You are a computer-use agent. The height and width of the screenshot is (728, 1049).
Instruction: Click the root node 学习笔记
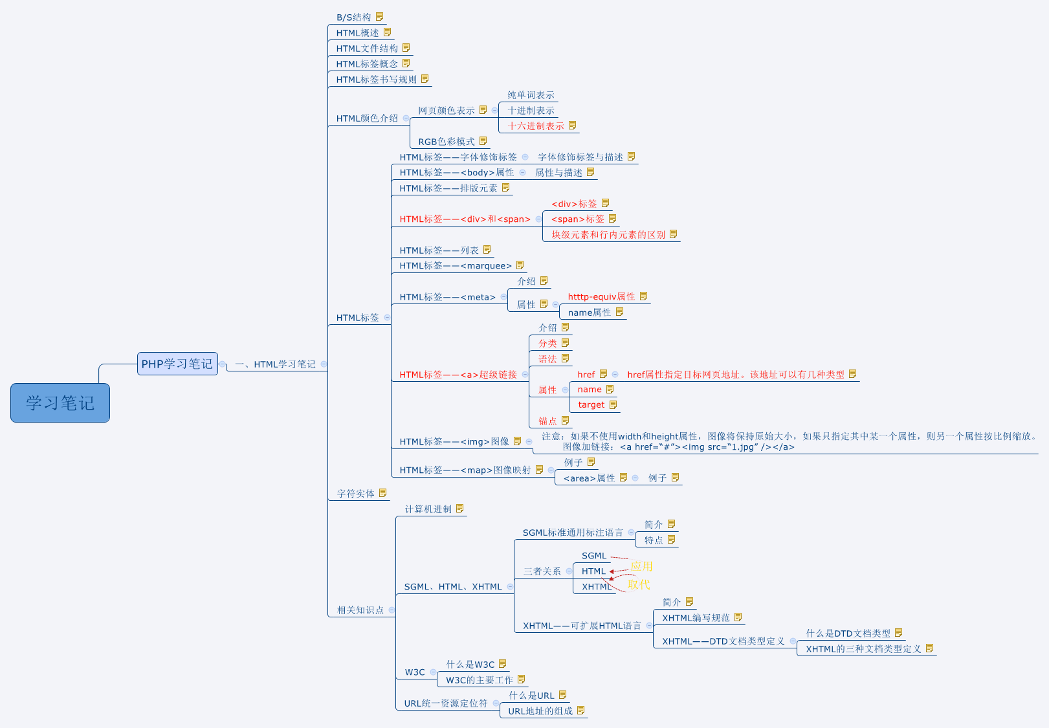point(60,403)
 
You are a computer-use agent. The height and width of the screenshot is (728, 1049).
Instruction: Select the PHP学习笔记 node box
point(177,364)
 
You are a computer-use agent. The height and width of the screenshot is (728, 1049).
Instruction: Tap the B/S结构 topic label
point(354,17)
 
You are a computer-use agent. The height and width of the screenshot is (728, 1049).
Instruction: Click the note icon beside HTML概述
point(388,32)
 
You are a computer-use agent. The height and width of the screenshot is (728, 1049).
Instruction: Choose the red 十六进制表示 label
point(536,126)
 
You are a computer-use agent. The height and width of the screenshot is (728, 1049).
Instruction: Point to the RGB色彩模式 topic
point(447,142)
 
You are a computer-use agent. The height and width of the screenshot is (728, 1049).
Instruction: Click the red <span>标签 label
point(578,219)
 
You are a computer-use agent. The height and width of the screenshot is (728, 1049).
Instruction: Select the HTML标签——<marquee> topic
point(456,266)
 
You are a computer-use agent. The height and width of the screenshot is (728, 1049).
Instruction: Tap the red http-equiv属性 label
point(601,297)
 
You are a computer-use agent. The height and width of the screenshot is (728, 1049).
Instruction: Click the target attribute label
point(591,405)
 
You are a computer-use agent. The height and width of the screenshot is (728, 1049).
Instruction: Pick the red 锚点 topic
point(547,421)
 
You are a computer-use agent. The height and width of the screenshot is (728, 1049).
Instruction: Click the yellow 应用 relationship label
point(641,566)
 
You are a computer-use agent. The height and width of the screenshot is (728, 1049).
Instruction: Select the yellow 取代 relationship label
point(639,584)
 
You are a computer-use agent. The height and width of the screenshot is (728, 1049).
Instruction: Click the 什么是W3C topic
point(470,665)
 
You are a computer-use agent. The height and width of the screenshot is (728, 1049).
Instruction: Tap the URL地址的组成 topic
point(540,711)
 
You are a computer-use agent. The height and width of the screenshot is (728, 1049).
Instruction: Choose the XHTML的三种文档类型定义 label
point(863,649)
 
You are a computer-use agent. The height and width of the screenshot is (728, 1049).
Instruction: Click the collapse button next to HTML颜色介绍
point(406,118)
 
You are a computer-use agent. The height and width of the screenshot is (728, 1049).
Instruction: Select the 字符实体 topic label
point(356,494)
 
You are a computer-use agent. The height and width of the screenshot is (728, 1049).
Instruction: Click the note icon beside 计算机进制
point(460,509)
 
